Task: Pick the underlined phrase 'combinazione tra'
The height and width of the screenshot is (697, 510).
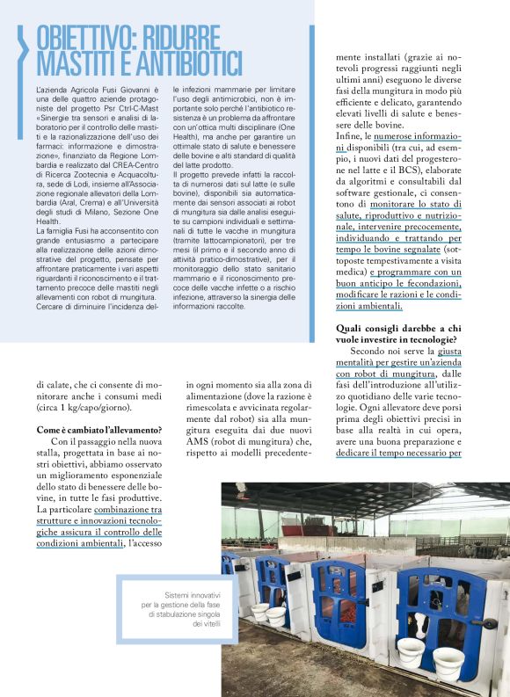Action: [x=119, y=509]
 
